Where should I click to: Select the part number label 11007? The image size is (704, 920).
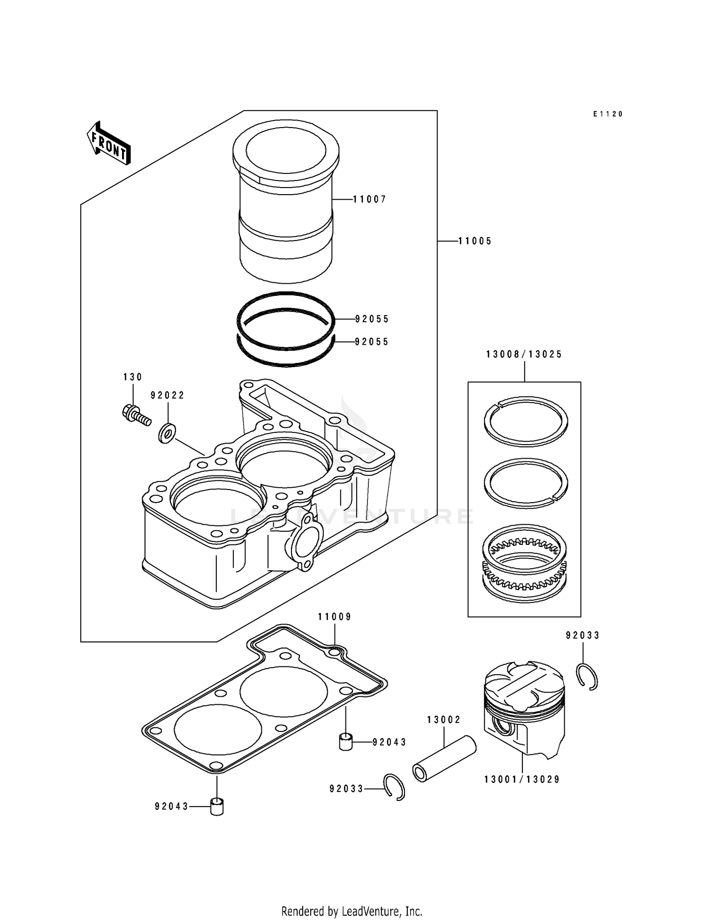coord(369,199)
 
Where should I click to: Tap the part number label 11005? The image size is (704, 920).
coord(474,241)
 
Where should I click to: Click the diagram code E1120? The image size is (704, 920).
coord(607,114)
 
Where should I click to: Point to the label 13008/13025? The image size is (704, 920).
coord(524,354)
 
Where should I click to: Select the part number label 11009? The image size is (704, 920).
coord(335,617)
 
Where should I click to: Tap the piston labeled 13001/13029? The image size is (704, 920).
coord(524,708)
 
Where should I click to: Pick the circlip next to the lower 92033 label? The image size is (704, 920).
coord(394,787)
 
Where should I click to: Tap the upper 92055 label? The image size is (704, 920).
coord(372,319)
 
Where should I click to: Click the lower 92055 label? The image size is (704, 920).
coord(372,342)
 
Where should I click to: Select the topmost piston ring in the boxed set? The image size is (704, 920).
coord(526,421)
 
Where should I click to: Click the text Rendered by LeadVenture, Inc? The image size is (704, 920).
coord(352,911)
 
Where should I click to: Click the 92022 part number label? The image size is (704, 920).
coord(168,395)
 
